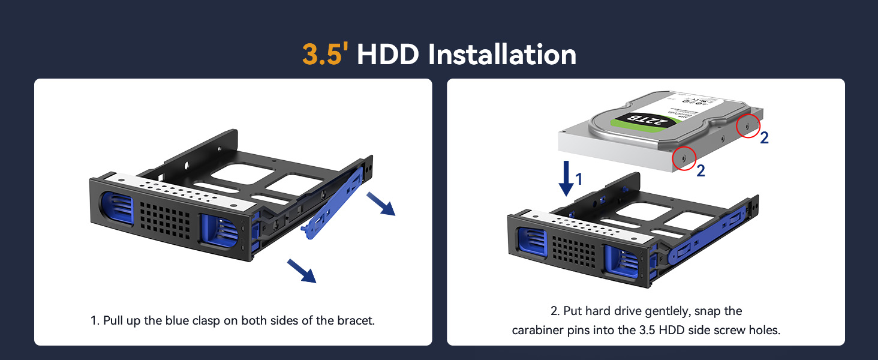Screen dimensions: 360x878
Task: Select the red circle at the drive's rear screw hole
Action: (747, 126)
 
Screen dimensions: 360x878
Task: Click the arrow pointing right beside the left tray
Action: (381, 205)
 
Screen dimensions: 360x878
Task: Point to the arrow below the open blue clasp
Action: (302, 270)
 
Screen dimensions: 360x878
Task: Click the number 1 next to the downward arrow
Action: (579, 178)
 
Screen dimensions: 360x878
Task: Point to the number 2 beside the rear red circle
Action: (764, 138)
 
